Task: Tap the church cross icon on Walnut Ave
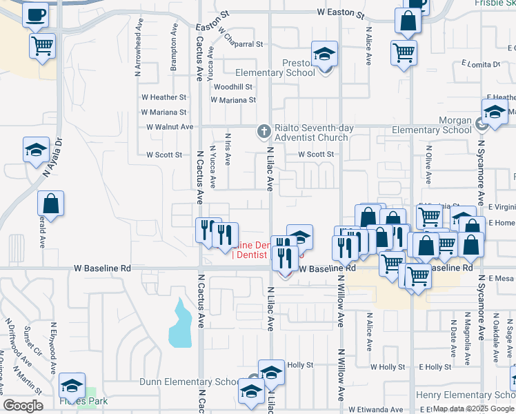263,130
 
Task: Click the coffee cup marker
36,14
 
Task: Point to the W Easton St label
340,13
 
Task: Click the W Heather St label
163,98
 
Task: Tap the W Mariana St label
163,112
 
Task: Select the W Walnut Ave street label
170,127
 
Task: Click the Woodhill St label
232,87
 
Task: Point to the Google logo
23,406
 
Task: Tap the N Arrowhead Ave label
139,53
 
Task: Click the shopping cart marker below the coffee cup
43,46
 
